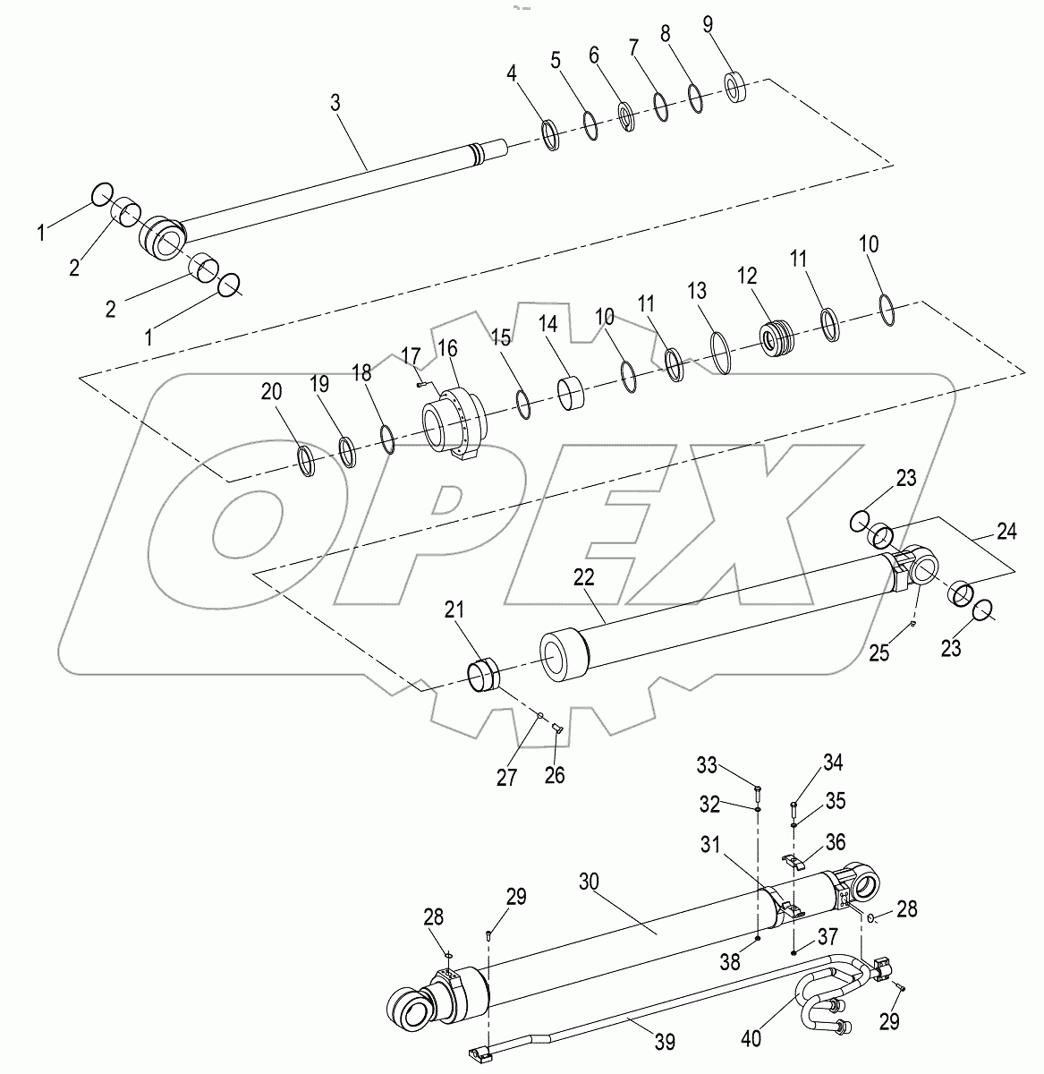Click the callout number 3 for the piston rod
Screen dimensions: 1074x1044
point(335,102)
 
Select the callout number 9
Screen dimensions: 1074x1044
point(708,24)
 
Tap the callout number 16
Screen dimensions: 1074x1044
point(446,347)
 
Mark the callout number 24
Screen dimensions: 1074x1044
point(1006,532)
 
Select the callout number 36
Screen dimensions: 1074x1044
point(835,841)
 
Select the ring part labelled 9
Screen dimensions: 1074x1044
point(739,87)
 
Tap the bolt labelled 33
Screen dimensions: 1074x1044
point(757,790)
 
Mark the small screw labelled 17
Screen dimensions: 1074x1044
point(420,385)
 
